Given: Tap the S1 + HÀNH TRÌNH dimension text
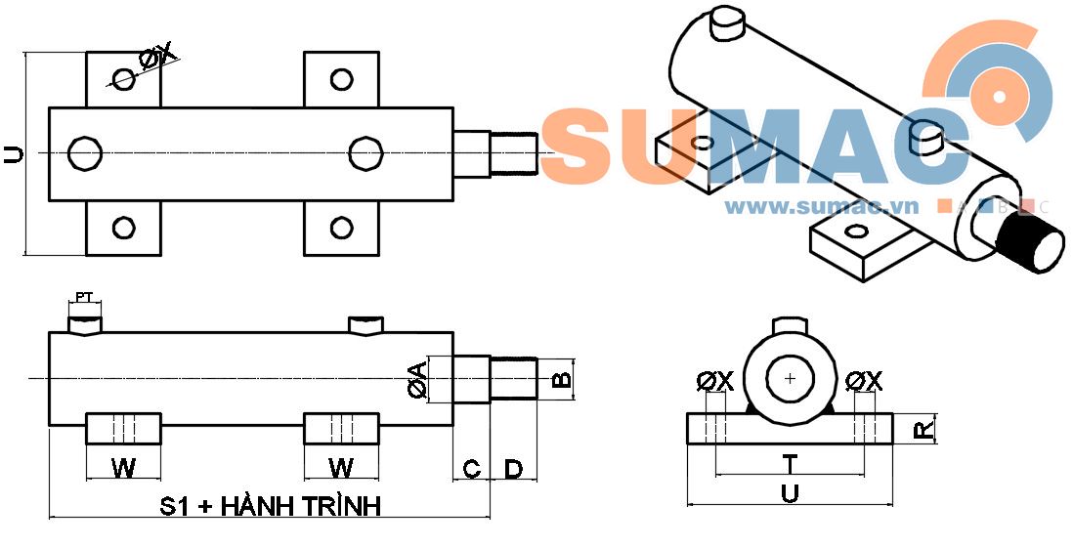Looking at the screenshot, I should click(270, 506).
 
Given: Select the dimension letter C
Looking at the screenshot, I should click(471, 469).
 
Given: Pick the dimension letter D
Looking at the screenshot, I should click(514, 469).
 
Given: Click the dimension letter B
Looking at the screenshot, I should click(561, 379).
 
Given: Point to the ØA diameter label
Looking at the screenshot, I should click(416, 379).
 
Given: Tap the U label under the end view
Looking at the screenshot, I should click(790, 494).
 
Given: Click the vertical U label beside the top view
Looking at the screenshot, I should click(13, 153).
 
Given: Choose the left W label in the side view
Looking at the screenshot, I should click(123, 469).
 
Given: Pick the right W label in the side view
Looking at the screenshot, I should click(341, 469).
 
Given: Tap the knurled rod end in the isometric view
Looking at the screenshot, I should click(1031, 243).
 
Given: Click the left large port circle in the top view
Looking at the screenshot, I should click(85, 153).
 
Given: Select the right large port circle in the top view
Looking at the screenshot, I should click(365, 153).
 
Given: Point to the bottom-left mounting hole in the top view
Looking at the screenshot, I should click(123, 229).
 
